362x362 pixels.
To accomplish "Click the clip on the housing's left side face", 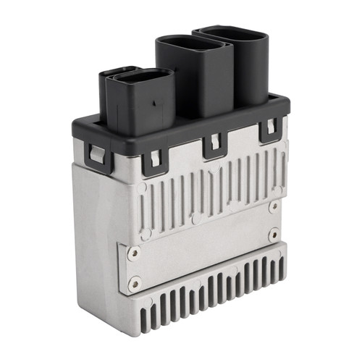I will (96, 154).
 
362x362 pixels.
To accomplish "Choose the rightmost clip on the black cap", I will (269, 130).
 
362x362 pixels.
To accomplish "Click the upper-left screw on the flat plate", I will (133, 253).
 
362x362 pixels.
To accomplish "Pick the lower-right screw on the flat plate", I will (274, 234).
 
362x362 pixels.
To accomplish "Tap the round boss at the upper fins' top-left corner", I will (142, 187).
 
